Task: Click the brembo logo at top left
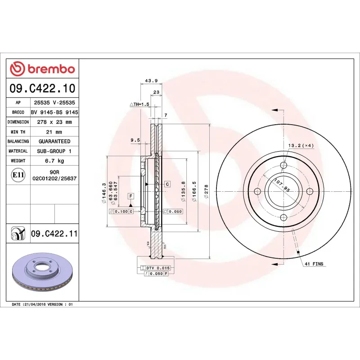pyautogui.click(x=42, y=69)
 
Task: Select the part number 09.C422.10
pyautogui.click(x=42, y=88)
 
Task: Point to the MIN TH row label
pyautogui.click(x=18, y=132)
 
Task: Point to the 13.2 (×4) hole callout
pyautogui.click(x=301, y=145)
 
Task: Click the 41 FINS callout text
pyautogui.click(x=314, y=264)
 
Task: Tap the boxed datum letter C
pyautogui.click(x=167, y=184)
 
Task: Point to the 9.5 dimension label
pyautogui.click(x=135, y=140)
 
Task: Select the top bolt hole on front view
pyautogui.click(x=283, y=165)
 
